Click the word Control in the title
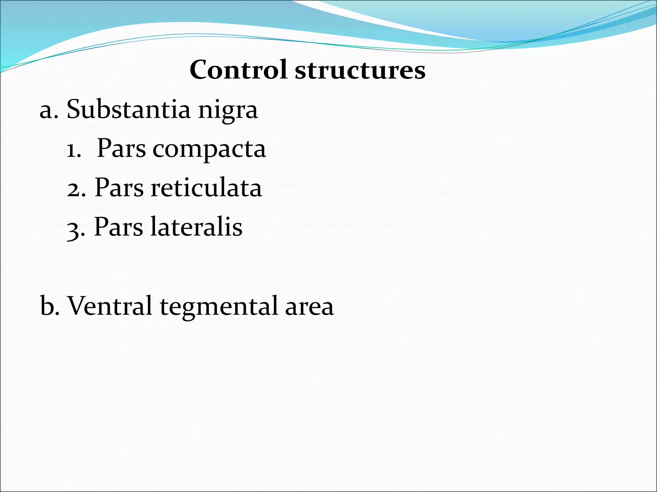[238, 70]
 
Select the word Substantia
[128, 109]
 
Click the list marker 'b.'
[50, 306]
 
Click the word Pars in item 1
[121, 149]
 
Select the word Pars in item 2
[119, 188]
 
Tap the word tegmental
[218, 307]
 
